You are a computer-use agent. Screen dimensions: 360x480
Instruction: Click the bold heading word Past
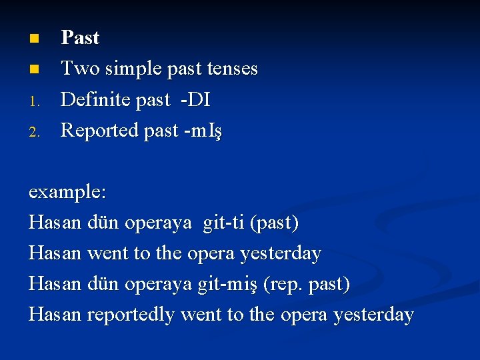(x=80, y=38)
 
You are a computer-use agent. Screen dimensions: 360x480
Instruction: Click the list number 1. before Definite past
(x=37, y=101)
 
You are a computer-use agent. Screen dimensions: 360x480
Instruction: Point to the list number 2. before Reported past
(x=37, y=131)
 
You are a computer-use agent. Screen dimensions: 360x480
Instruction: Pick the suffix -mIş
(x=204, y=131)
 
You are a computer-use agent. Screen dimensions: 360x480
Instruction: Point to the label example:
(x=67, y=193)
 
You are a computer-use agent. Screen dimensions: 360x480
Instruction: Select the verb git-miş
(x=229, y=284)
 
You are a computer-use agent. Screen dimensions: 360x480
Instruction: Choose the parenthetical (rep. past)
(x=307, y=284)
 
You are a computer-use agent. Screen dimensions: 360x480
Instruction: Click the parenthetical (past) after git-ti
(x=274, y=223)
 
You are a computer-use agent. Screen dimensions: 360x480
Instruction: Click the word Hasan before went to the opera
(x=55, y=253)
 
